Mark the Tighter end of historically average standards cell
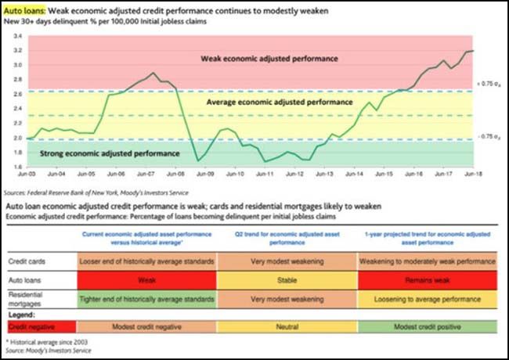point(146,300)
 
